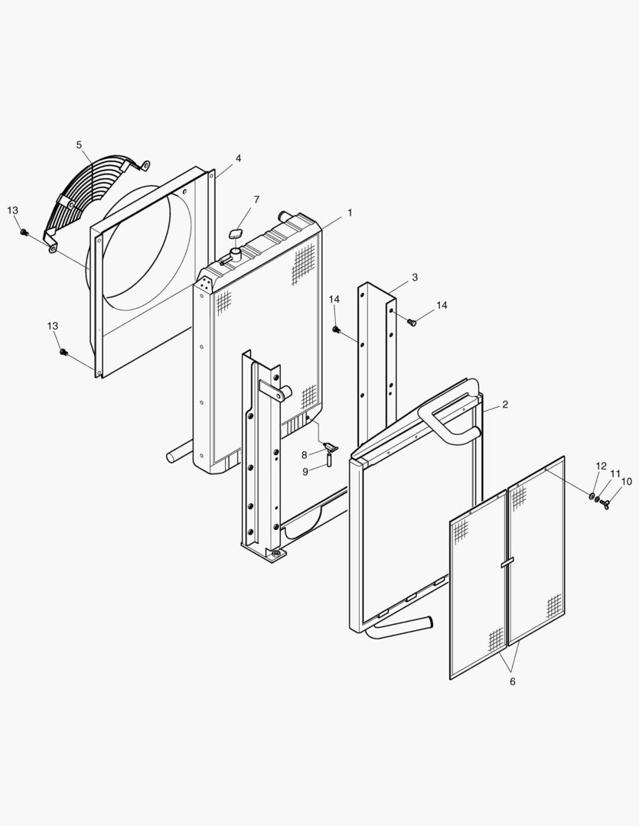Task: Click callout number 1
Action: [350, 213]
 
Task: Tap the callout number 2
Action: [504, 404]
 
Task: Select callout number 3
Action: [415, 278]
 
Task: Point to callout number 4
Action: [238, 158]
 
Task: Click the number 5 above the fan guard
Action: [79, 145]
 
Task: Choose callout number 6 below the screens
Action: [512, 681]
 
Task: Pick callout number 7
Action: [256, 200]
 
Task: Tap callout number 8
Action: [304, 455]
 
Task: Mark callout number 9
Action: [305, 472]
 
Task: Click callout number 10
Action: [627, 482]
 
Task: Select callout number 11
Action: [615, 474]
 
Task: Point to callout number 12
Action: [601, 466]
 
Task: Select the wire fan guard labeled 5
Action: [84, 195]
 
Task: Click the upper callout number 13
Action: [13, 210]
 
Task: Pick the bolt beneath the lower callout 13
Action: [64, 352]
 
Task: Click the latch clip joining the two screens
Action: [507, 562]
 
